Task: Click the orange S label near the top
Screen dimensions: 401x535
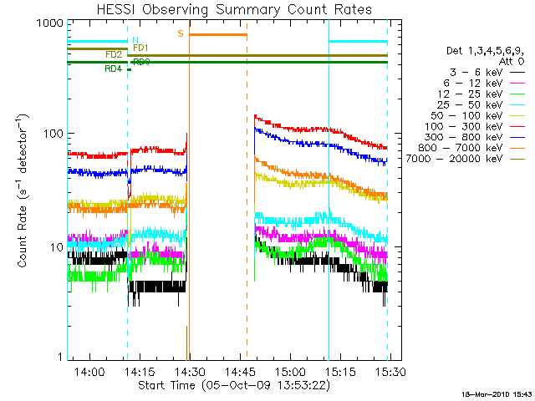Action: pos(180,34)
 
